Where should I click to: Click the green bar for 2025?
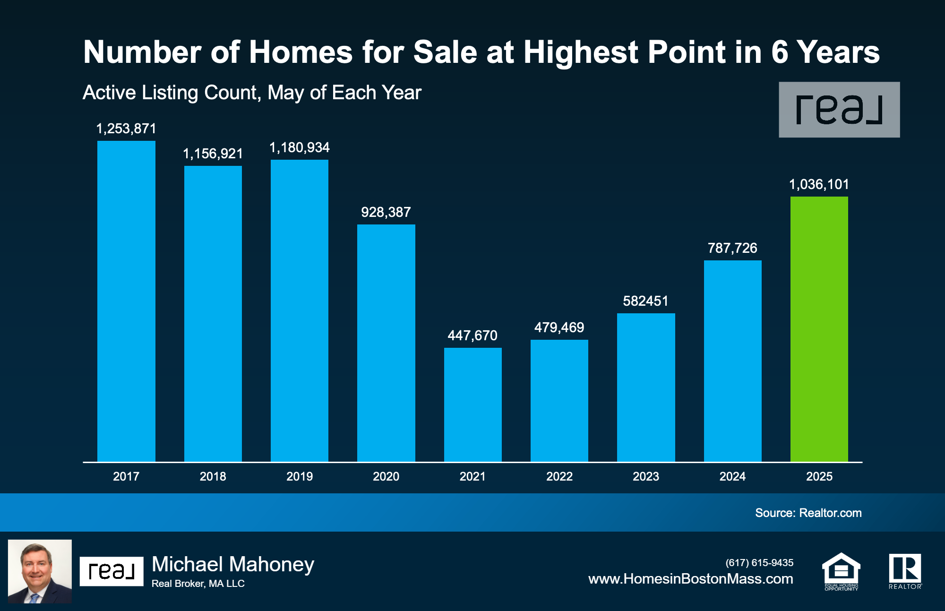819,329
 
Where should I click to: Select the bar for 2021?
472,404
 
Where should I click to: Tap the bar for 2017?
126,301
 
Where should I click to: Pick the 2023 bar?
646,387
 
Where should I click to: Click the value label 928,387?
386,212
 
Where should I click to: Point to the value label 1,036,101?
819,184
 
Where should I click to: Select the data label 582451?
645,301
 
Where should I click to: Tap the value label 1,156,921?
213,154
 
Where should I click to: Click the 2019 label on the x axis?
300,476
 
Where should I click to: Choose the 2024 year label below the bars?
732,476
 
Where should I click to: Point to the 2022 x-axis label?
559,476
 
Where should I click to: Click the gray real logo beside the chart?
839,110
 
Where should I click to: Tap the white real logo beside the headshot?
112,571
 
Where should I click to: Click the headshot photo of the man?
40,571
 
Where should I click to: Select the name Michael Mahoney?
233,564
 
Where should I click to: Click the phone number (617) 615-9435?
759,563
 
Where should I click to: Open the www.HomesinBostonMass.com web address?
690,579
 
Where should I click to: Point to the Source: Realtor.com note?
808,513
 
